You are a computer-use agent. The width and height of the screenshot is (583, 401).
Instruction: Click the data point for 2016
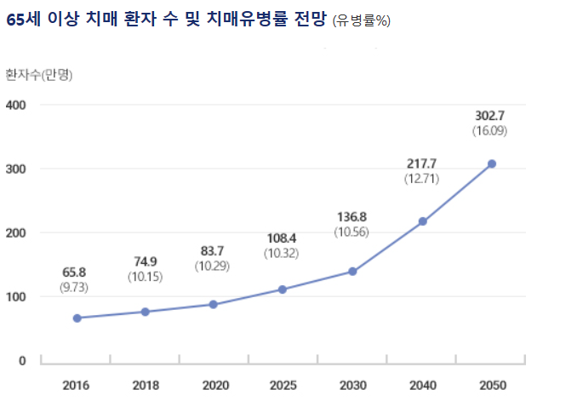[77, 318]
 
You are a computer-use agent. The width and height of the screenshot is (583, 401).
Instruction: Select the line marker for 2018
[146, 312]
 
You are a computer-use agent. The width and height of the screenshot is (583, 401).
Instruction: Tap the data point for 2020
[214, 305]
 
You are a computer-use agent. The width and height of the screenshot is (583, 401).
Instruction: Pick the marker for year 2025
[283, 289]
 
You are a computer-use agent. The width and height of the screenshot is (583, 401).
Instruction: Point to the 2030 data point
[352, 272]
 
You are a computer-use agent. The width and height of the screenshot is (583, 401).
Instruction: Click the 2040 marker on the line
[423, 221]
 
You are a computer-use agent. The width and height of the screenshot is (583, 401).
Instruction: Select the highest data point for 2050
[492, 163]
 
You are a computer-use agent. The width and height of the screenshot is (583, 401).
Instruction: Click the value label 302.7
[491, 116]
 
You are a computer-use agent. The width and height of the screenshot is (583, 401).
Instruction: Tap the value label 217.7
[422, 163]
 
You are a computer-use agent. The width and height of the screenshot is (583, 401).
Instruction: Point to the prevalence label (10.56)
[352, 232]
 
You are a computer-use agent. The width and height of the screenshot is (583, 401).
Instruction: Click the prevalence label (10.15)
[145, 277]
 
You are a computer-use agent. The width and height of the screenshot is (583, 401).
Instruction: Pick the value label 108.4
[283, 238]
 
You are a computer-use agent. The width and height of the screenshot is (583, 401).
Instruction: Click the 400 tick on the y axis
[16, 106]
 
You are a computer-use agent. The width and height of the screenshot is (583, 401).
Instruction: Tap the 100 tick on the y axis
[16, 297]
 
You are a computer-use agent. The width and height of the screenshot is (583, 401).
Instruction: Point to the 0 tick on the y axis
[22, 361]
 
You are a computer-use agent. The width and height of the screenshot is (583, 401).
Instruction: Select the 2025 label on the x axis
[283, 386]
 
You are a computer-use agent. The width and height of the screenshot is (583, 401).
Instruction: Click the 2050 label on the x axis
[492, 386]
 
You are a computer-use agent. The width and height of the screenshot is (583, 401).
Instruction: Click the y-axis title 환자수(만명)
[39, 74]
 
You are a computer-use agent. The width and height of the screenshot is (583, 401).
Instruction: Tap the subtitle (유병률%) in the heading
[363, 22]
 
